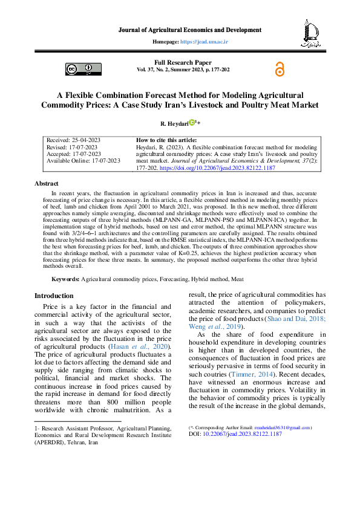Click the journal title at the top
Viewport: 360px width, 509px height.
tap(189, 30)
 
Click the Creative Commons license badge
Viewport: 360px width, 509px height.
tap(79, 70)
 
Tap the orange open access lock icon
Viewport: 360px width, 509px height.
tap(279, 70)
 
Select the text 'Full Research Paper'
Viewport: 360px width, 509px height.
tap(183, 63)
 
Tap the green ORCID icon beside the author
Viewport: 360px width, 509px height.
tap(191, 123)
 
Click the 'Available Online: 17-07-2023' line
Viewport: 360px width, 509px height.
tap(82, 161)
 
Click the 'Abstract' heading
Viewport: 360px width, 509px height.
tap(47, 183)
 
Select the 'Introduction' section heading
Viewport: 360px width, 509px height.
tap(54, 296)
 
